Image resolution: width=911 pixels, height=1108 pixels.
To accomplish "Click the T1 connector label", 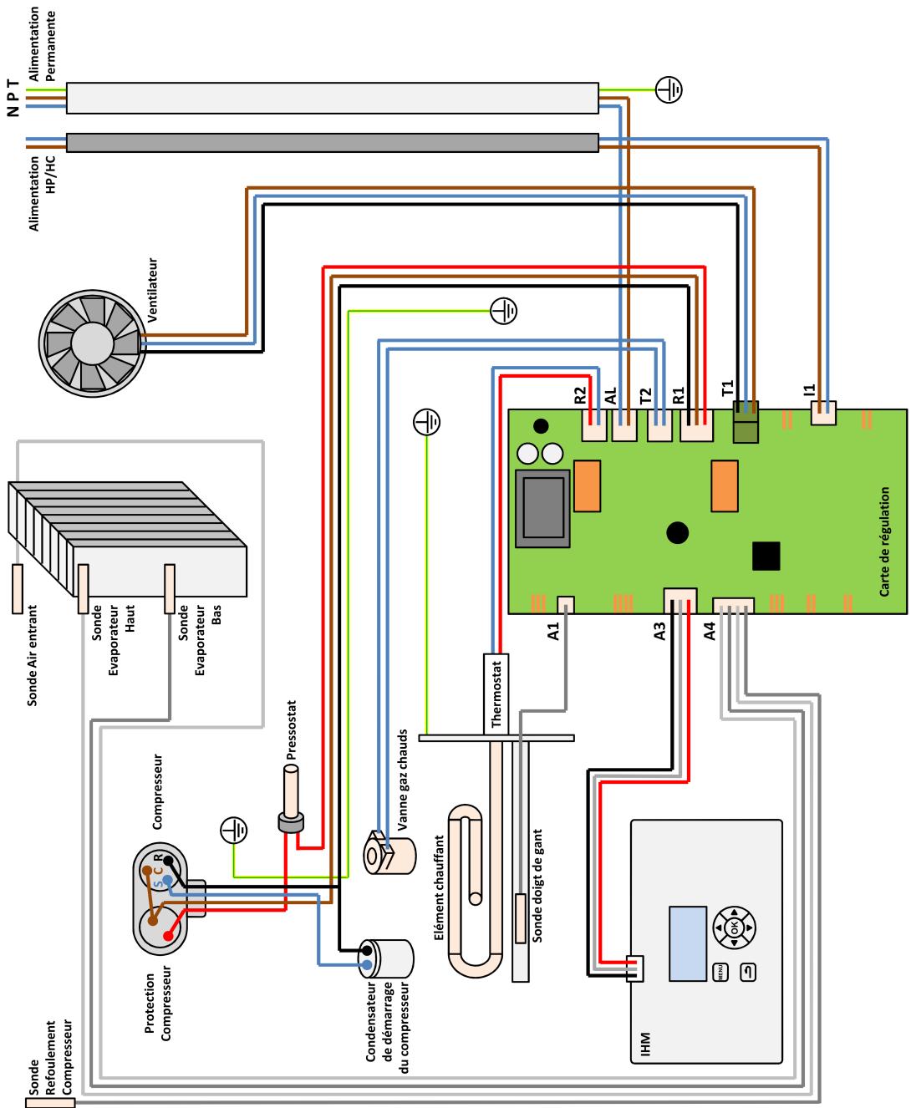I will tap(728, 387).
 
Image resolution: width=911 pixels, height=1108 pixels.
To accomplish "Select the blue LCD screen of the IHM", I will tap(686, 943).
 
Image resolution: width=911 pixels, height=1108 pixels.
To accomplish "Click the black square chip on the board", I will tap(766, 556).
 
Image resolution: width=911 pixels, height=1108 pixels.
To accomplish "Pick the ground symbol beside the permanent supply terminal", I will tap(669, 89).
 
